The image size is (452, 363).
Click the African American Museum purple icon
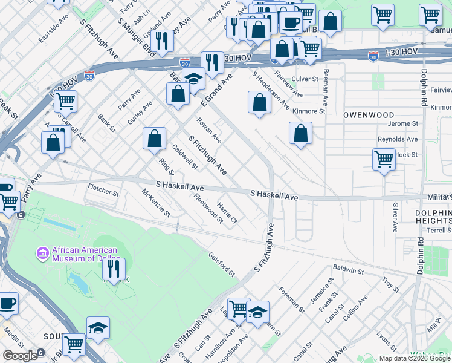pyautogui.click(x=43, y=252)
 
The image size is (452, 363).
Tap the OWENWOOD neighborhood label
pyautogui.click(x=369, y=115)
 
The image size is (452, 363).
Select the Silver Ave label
pyautogui.click(x=395, y=217)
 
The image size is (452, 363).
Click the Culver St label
pyautogui.click(x=305, y=79)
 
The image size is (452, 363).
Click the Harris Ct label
pyautogui.click(x=227, y=212)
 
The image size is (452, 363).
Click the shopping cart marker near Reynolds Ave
pyautogui.click(x=384, y=160)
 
